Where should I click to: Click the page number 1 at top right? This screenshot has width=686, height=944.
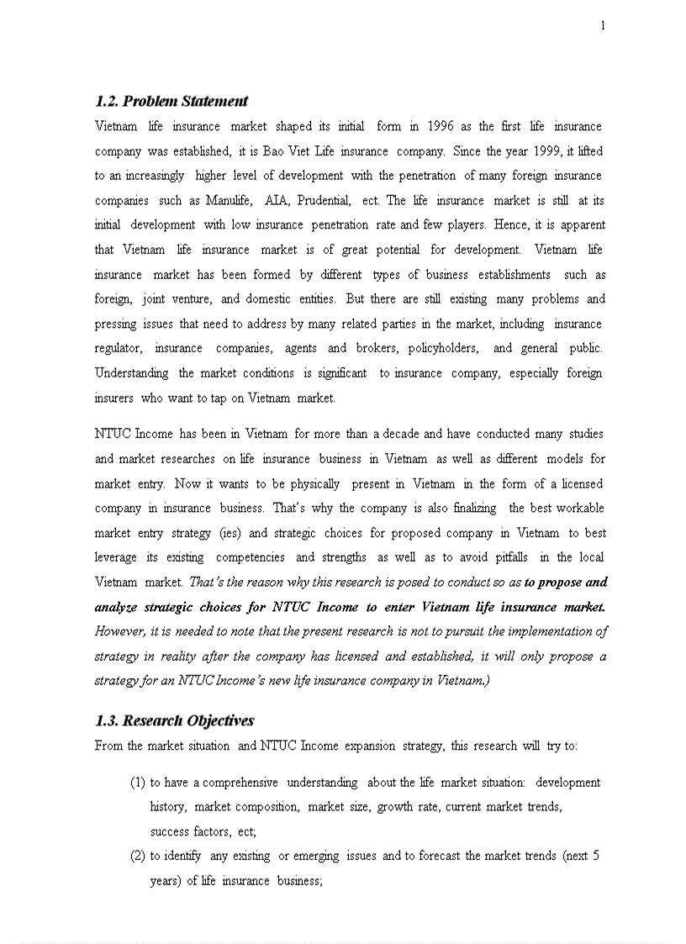click(x=602, y=25)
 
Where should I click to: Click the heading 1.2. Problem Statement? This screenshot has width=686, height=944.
click(x=171, y=101)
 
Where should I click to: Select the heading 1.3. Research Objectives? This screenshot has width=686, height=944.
click(x=174, y=720)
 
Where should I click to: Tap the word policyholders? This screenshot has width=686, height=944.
click(x=443, y=348)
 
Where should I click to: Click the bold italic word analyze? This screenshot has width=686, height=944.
click(x=118, y=607)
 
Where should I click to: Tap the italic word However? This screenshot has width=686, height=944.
click(x=119, y=631)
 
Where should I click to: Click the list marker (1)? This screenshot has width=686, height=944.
click(x=138, y=782)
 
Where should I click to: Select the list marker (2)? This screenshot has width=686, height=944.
click(x=138, y=856)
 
